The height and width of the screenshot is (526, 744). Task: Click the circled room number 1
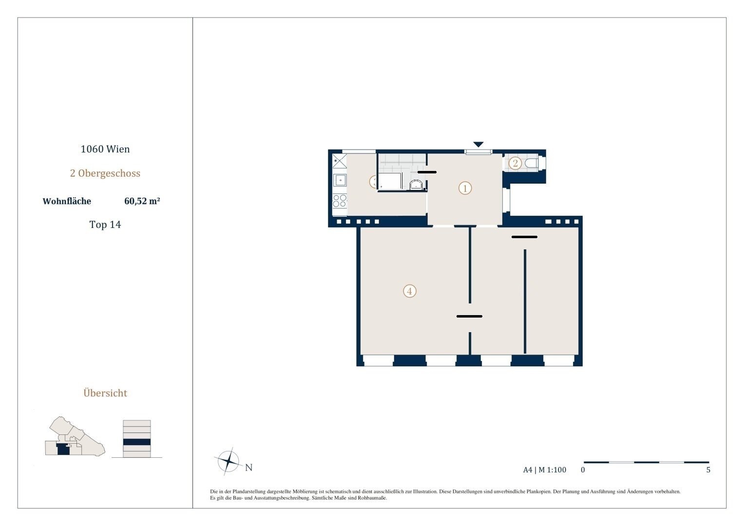465,188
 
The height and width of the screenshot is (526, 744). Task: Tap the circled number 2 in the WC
515,163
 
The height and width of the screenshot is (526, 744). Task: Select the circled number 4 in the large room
410,291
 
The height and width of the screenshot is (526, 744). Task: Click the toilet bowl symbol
533,163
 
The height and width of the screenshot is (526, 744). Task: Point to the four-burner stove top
340,201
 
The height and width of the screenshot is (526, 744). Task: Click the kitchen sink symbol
340,180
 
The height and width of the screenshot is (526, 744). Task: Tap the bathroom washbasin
416,185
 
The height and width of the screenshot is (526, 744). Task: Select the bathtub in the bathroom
391,181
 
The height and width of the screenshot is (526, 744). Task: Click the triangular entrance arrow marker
478,145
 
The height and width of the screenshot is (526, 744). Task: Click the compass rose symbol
229,461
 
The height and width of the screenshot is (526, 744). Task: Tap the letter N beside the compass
249,468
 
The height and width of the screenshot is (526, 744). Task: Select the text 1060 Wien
105,149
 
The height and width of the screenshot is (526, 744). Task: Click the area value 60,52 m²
142,201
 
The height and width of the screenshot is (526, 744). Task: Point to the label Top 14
105,225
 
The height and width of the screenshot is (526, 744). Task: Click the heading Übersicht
105,393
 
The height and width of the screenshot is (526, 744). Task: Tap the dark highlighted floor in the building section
137,442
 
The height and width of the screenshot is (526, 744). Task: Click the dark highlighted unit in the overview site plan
63,449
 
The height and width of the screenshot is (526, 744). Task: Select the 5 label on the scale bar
708,470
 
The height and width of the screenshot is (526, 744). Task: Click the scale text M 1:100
553,470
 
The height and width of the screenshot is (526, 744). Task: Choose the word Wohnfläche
67,201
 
